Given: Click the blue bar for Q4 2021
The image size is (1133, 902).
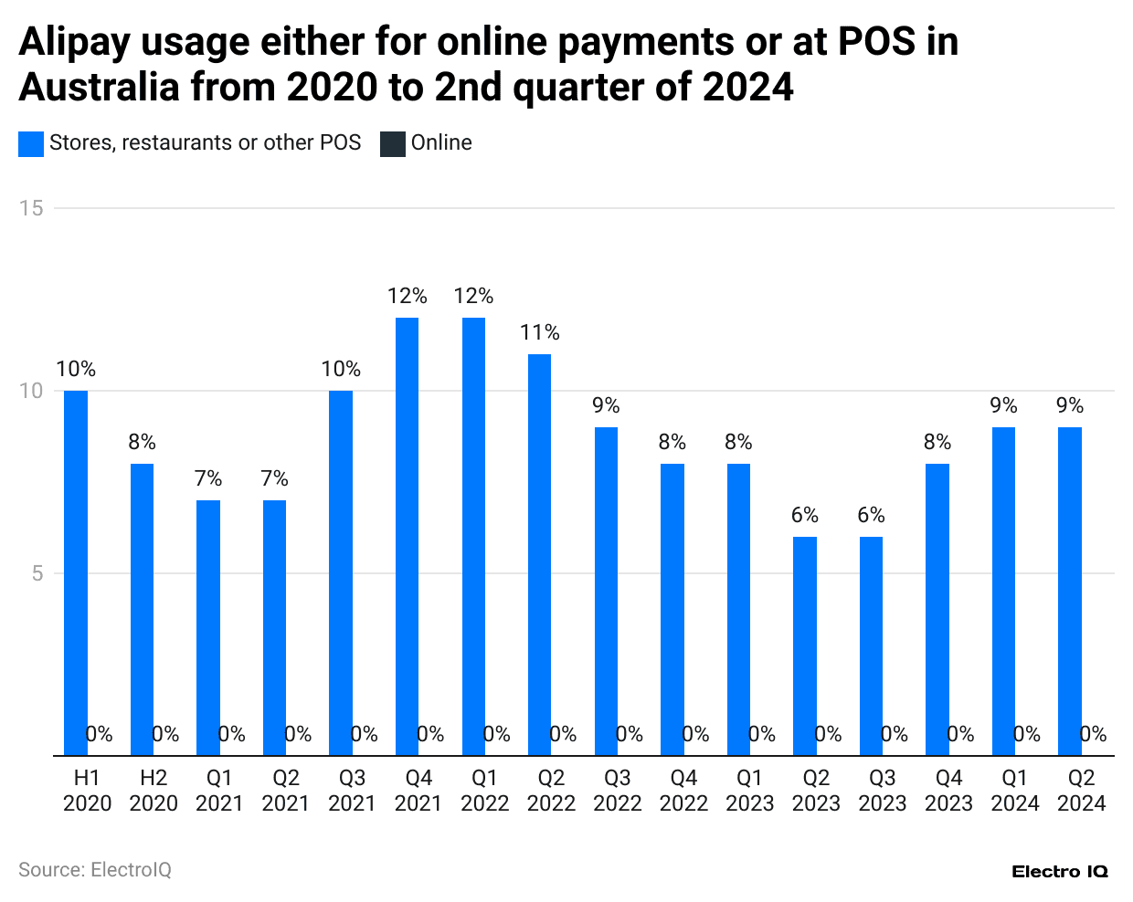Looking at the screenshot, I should [407, 537].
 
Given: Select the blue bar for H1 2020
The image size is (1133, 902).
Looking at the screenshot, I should [76, 573].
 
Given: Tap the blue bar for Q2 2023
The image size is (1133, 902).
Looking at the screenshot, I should [804, 646].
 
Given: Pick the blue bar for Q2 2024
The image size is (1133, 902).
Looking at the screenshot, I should [1069, 592].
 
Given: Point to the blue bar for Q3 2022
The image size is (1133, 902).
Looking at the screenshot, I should [606, 592].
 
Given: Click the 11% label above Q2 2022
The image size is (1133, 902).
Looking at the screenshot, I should [539, 332].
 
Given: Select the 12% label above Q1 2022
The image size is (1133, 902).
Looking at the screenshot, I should [473, 296].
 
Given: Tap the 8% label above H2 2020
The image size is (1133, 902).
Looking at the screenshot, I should [142, 442].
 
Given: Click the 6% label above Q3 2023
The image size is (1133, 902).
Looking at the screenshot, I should [871, 515].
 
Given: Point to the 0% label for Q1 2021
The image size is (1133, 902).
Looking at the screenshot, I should [232, 734].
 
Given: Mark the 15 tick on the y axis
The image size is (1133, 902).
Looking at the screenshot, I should [31, 208].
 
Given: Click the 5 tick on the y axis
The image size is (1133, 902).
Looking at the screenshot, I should [37, 573].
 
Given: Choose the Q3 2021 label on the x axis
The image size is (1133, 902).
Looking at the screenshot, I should [352, 791].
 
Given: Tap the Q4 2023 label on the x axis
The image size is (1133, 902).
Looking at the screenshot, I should [948, 791].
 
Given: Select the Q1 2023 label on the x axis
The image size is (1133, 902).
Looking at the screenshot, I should [749, 791].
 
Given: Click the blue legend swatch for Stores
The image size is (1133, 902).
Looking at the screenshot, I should [31, 143].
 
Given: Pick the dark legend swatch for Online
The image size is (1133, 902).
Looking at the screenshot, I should [392, 143].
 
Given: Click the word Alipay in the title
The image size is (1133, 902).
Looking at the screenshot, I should [74, 42].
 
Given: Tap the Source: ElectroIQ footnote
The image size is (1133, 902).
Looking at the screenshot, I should [95, 870].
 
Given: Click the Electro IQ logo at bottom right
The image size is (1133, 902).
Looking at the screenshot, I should [1059, 872].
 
